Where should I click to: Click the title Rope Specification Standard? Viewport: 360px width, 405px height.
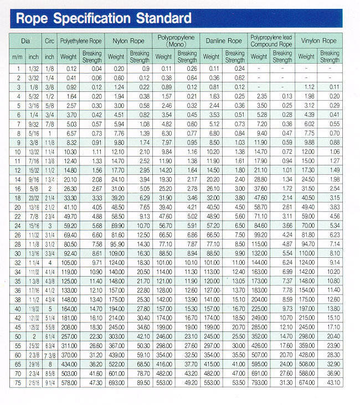104,19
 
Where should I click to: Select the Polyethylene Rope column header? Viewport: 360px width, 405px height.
81,41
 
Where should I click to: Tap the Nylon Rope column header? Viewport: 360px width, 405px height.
128,41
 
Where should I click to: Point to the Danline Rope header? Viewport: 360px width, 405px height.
223,41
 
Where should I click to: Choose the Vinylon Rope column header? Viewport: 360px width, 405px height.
318,41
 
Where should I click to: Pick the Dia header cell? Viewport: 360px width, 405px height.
25,41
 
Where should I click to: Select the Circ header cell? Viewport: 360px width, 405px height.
49,41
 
